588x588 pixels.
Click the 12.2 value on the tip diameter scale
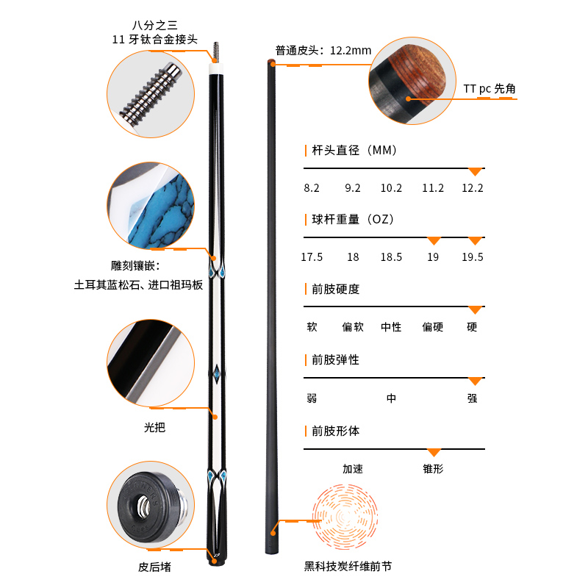[472, 188]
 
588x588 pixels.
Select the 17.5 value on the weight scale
[312, 257]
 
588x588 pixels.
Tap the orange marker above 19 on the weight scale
[434, 241]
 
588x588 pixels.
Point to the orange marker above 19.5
[475, 241]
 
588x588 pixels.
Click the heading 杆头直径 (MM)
[354, 151]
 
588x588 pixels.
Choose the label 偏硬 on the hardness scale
[433, 327]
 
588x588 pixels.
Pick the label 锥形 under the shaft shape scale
[433, 469]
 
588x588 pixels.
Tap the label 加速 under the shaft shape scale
[353, 469]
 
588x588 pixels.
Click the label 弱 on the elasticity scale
[312, 398]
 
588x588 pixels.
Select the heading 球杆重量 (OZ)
[353, 219]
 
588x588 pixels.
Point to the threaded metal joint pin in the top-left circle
[151, 93]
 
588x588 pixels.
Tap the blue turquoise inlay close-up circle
[151, 206]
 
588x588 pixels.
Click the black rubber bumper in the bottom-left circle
[149, 506]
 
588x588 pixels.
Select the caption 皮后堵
[154, 567]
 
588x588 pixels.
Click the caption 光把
[154, 428]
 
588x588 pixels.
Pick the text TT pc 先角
[490, 89]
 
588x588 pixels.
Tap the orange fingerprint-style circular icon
[345, 517]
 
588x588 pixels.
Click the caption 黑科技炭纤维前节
[348, 566]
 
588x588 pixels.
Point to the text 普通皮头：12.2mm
[323, 50]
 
